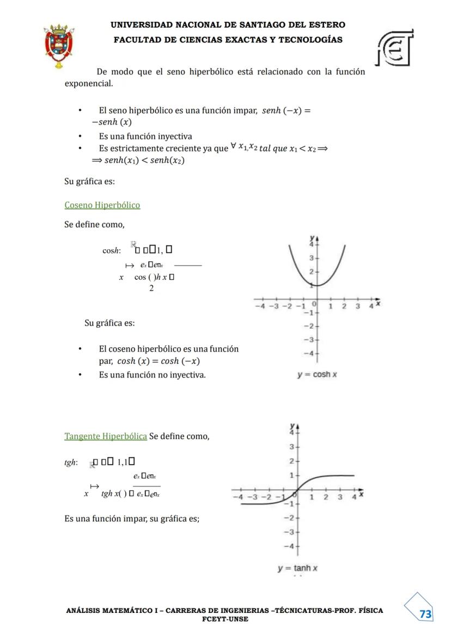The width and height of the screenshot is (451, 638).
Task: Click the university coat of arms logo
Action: click(x=59, y=46)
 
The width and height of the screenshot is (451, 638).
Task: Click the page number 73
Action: click(x=425, y=614)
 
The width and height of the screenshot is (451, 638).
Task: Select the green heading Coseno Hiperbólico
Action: click(x=102, y=205)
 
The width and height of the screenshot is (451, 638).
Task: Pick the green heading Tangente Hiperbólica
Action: click(x=106, y=436)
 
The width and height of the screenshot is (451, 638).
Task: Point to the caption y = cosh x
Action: click(x=317, y=375)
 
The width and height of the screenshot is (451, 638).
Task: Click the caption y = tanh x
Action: click(x=297, y=568)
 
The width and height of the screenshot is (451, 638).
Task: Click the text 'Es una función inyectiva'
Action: click(x=145, y=136)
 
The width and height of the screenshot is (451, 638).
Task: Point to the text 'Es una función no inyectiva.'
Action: click(x=153, y=375)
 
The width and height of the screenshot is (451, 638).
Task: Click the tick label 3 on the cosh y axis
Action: click(x=310, y=257)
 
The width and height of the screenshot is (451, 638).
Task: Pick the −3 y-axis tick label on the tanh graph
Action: click(x=291, y=532)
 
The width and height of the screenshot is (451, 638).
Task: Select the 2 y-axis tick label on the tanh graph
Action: click(x=292, y=461)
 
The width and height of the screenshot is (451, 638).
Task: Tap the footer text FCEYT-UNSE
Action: click(x=225, y=619)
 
